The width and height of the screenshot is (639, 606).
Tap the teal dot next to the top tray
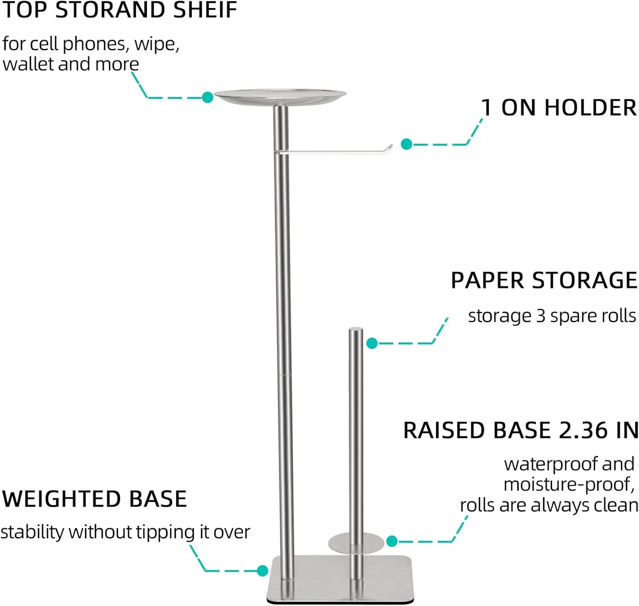[207, 97]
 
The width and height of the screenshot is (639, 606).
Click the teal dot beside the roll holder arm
[406, 144]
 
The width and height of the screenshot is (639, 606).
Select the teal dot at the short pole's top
[372, 343]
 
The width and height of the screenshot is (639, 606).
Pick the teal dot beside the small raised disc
[392, 541]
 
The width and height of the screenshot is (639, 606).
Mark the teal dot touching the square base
[262, 571]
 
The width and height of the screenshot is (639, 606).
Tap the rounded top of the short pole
[356, 330]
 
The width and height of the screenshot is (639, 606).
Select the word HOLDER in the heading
[590, 108]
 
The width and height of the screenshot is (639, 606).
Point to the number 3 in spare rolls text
[541, 316]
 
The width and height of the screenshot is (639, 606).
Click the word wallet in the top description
[28, 64]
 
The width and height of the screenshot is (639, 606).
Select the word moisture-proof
[569, 485]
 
